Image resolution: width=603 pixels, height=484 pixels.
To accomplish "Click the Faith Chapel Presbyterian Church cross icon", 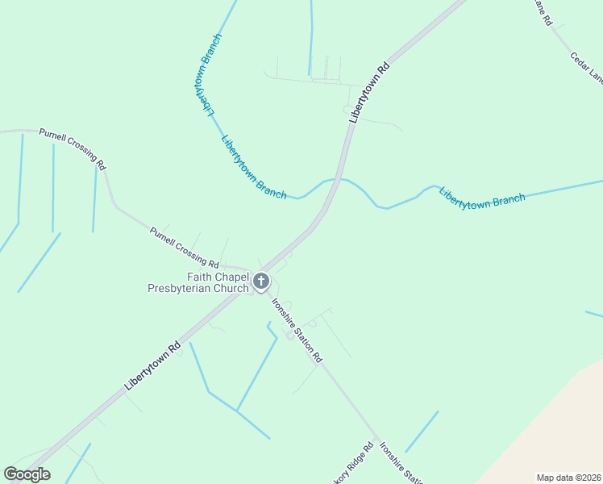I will pos(260,282).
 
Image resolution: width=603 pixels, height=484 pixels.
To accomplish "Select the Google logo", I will pos(27,474).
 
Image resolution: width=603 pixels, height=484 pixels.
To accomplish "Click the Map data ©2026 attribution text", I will pos(568,477).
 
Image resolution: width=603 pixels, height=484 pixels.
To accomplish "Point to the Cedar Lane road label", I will pos(586,68).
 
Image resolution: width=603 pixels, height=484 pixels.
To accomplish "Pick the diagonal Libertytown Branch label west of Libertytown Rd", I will pos(253,167).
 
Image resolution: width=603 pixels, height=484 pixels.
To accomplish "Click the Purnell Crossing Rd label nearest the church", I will pos(184,248).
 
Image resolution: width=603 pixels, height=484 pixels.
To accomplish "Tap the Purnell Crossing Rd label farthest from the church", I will pos(73,147).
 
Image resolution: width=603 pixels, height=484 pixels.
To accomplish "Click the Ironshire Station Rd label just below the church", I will pos(297,329).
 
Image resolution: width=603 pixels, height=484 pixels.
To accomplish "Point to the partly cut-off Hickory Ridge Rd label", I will pos(357,460).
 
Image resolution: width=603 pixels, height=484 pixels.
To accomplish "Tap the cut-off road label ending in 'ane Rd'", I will pos(541,12).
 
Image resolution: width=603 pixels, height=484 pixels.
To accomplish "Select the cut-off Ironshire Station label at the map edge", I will pos(401,464).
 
